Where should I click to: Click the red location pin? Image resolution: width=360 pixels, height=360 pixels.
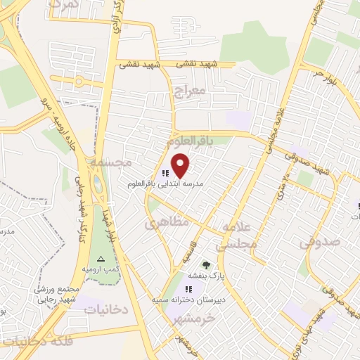[181, 165]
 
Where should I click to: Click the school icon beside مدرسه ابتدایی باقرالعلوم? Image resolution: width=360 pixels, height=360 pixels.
[165, 173]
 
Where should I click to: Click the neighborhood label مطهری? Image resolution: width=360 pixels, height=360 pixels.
[162, 224]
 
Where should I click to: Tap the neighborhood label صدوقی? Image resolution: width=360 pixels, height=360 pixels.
[319, 241]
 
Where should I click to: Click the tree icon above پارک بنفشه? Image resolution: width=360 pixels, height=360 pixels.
[206, 265]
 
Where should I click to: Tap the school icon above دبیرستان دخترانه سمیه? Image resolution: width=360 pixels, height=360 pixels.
[188, 289]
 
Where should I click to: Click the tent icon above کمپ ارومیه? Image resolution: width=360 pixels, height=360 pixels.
[101, 258]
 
